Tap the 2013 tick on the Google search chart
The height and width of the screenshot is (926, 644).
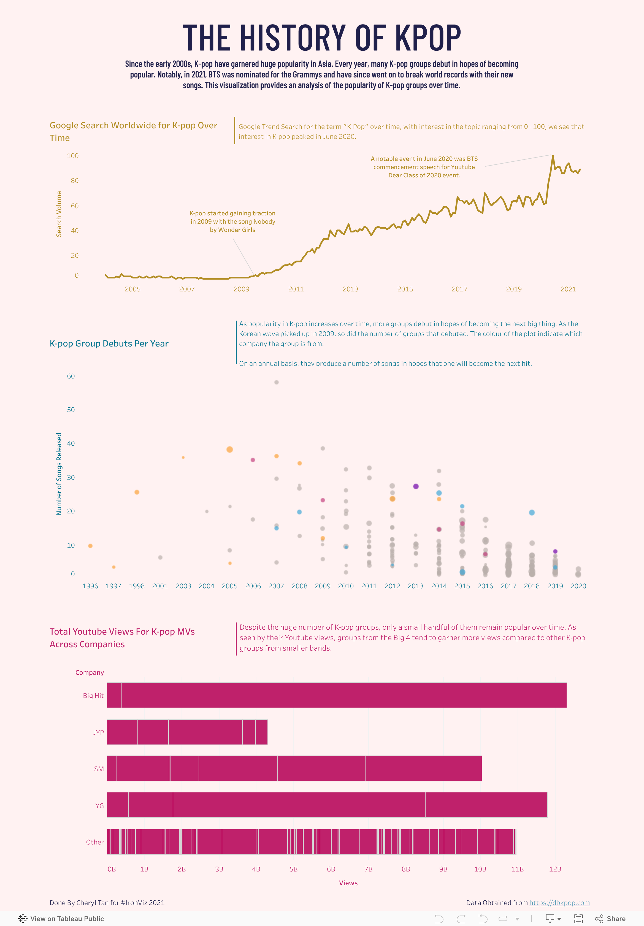(350, 289)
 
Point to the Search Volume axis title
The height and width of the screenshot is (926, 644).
(59, 214)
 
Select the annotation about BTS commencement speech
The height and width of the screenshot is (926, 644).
(424, 167)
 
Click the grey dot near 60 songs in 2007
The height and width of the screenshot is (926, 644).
(276, 382)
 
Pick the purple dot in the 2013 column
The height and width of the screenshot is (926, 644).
(416, 486)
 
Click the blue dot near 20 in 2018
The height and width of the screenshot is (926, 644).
(532, 513)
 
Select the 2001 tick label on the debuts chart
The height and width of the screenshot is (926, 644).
(160, 586)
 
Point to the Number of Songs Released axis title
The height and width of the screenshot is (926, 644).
(59, 474)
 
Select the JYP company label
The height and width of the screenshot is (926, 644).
(98, 732)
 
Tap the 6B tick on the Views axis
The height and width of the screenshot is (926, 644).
(331, 869)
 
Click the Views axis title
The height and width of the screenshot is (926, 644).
(348, 883)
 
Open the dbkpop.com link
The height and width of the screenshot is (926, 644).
(559, 903)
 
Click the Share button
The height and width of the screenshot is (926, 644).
(610, 919)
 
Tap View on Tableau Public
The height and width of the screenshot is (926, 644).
(61, 919)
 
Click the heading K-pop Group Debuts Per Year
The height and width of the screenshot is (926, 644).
(109, 344)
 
